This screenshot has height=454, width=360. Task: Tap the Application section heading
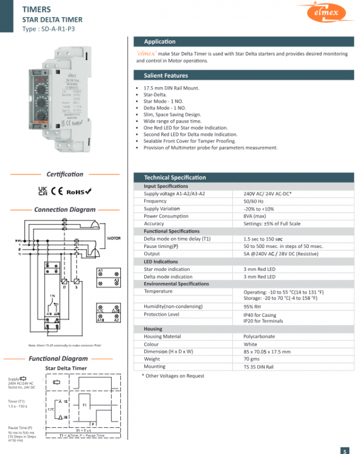[x=160, y=42]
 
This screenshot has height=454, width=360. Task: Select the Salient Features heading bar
[x=166, y=75]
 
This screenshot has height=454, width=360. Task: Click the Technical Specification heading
[x=175, y=178]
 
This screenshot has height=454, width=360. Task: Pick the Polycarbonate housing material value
[x=260, y=337]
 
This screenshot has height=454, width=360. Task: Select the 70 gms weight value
[x=252, y=359]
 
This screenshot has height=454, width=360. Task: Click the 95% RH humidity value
[x=252, y=307]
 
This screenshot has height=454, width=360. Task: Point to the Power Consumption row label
[x=166, y=216]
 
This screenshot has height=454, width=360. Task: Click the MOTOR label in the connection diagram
[x=114, y=238]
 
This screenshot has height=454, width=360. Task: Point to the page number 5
[x=344, y=451]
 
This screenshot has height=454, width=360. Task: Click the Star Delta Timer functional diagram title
[x=66, y=368]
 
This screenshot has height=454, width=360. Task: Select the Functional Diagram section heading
[x=58, y=359]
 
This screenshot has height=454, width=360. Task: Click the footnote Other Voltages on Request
[x=173, y=376]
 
